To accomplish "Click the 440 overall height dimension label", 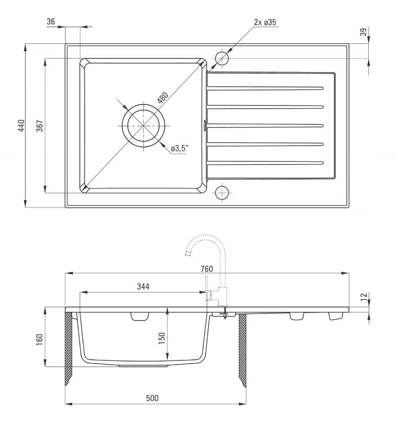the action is point(21,126).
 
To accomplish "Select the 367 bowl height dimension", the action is point(40,126).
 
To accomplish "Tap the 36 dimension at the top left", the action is point(51,21).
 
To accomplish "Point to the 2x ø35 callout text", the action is point(265,22).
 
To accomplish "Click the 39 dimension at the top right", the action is point(364,32).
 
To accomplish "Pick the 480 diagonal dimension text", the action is point(163,98).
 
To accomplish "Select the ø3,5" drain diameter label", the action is point(179,148).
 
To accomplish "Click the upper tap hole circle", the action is point(222,58).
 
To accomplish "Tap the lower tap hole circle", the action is point(222,193).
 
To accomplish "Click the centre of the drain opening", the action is point(143,126).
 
